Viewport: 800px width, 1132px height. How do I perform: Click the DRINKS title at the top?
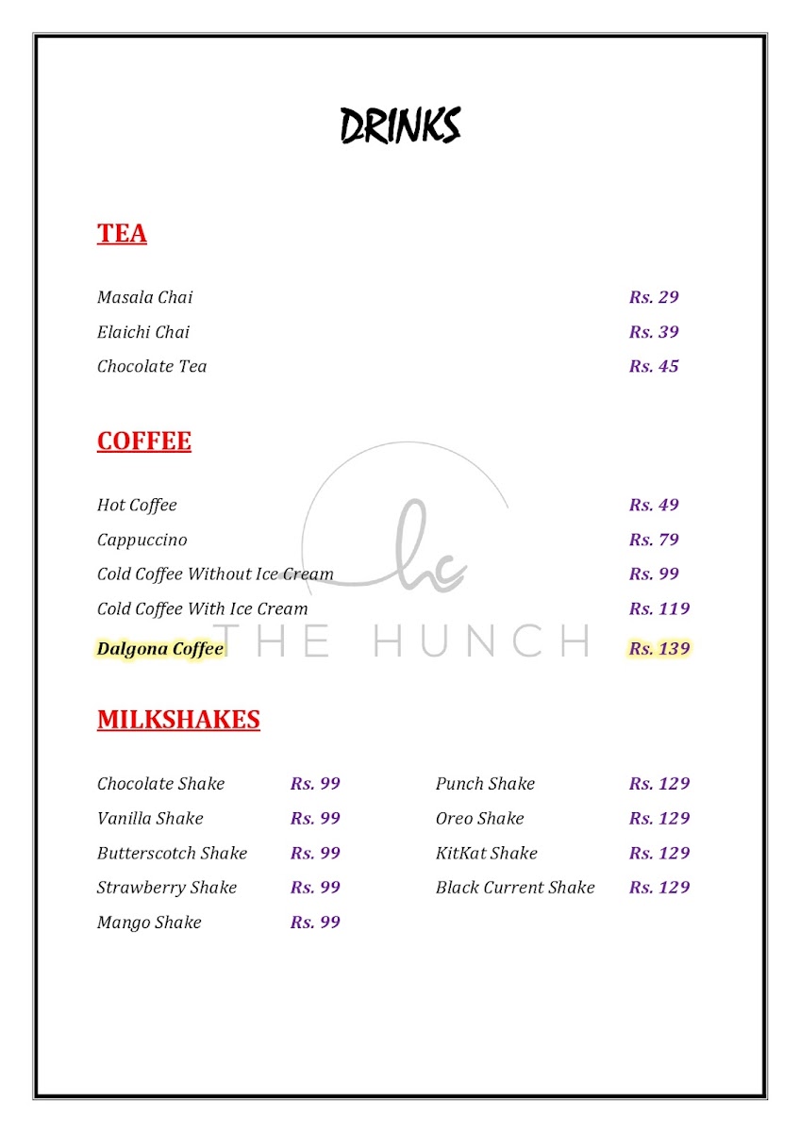coord(400,125)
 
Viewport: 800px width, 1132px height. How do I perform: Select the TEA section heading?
coord(122,233)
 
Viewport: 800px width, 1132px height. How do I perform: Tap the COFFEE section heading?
coord(144,441)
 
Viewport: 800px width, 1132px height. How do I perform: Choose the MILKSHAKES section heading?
coord(178,720)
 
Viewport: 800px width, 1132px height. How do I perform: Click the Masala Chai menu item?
coord(144,297)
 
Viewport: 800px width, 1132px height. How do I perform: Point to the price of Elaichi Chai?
coord(654,332)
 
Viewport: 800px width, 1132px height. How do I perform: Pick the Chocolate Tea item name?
coord(152,366)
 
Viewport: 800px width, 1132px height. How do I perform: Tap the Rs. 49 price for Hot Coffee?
coord(654,505)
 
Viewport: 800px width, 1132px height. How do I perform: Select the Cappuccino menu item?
coord(142,540)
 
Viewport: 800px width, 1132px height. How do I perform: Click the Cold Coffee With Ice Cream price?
coord(659,608)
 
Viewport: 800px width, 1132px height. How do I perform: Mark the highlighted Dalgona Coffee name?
coord(160,648)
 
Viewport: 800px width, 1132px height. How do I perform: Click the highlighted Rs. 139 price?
coord(659,648)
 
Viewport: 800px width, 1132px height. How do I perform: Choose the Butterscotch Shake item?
coord(172,853)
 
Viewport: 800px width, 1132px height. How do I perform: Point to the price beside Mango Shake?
coord(315,922)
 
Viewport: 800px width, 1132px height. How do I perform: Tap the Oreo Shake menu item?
coord(479,818)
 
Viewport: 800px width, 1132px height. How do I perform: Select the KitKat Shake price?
coord(659,853)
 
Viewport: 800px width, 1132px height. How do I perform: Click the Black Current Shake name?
coord(515,887)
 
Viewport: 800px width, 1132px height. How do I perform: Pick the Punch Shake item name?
coord(485,783)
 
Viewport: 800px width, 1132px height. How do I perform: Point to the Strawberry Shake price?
coord(315,887)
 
